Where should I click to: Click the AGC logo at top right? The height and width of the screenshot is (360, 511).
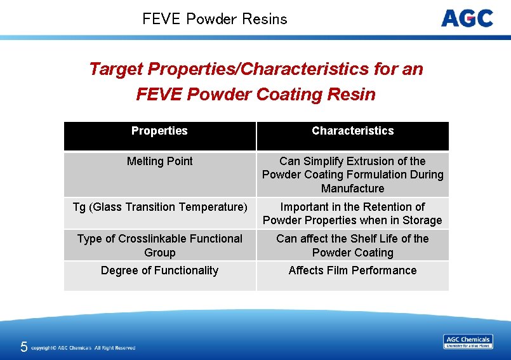tap(467, 18)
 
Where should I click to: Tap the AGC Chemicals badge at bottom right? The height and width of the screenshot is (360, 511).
tap(468, 342)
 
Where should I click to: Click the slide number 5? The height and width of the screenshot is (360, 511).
tap(23, 347)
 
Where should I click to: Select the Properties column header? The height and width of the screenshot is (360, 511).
tap(159, 131)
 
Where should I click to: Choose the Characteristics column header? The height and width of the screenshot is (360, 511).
tap(352, 131)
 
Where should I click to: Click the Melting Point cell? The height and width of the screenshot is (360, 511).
tap(159, 161)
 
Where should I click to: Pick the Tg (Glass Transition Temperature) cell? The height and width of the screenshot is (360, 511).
tap(159, 207)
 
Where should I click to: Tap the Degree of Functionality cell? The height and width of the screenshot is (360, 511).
tap(159, 270)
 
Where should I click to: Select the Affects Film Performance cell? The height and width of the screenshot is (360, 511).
tap(352, 270)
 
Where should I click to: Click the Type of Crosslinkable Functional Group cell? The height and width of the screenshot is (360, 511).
tap(159, 245)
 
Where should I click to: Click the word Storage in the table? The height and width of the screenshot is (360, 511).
tap(421, 220)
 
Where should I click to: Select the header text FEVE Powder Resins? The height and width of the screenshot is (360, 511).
tap(215, 19)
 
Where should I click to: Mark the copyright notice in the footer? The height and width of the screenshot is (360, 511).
tap(83, 348)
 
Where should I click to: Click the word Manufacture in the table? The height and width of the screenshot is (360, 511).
tap(352, 189)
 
